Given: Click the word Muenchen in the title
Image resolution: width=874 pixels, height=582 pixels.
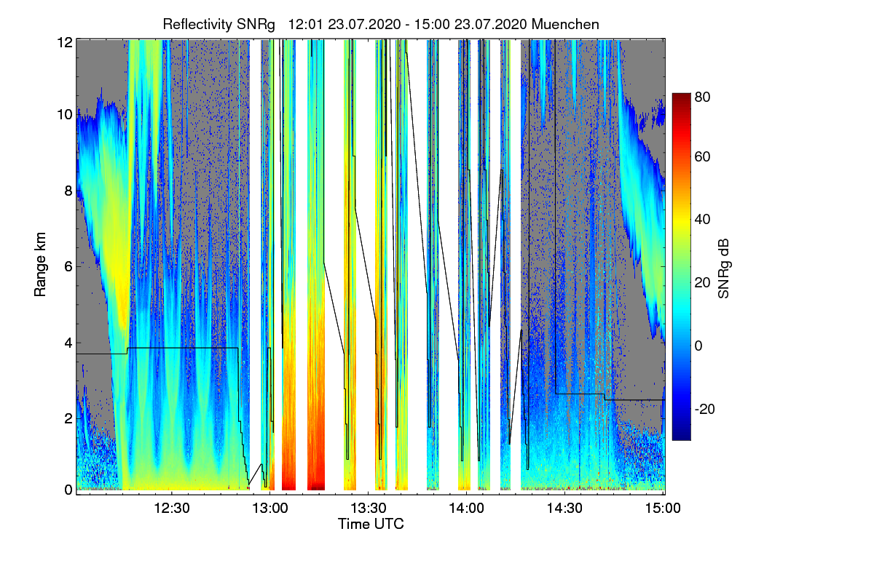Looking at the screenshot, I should click(x=565, y=24).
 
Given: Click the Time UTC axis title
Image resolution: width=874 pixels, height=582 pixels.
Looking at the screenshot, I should click(x=371, y=523).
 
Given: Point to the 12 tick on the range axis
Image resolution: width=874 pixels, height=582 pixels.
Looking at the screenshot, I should click(x=65, y=42).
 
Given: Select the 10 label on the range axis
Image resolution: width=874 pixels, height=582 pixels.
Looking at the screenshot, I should click(x=65, y=115).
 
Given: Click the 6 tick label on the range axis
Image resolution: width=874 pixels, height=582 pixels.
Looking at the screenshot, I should click(x=68, y=266).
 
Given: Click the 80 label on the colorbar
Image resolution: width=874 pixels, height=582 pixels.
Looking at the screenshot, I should click(x=701, y=96).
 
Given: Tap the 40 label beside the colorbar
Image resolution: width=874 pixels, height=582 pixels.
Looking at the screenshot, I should click(x=701, y=219).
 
